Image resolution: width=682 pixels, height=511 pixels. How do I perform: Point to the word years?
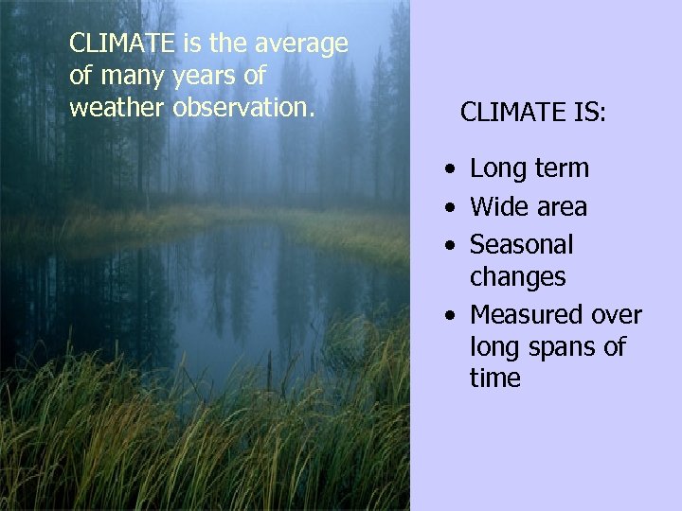pos(202,76)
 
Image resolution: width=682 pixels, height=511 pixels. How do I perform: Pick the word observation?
pos(243,107)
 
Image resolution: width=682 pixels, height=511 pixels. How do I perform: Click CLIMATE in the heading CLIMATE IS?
pos(511,114)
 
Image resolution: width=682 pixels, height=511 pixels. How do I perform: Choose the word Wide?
pos(499,207)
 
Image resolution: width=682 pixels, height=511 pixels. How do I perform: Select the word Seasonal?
pos(522,245)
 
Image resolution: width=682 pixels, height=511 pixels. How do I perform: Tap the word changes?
pos(518,277)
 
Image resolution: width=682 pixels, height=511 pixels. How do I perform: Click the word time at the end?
pos(494,379)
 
